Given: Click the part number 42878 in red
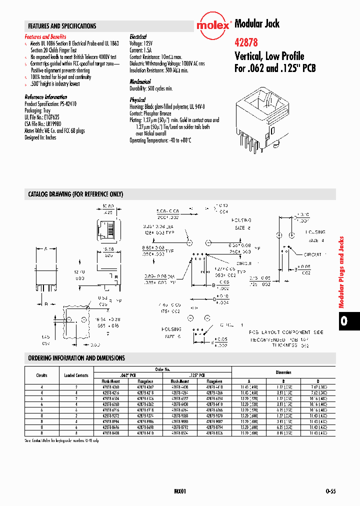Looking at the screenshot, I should pyautogui.click(x=246, y=43).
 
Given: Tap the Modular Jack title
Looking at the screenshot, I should pyautogui.click(x=257, y=23).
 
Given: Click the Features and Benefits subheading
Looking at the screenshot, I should pyautogui.click(x=45, y=37).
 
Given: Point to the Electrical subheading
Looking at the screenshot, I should pyautogui.click(x=138, y=37).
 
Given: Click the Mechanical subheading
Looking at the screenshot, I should pyautogui.click(x=140, y=81).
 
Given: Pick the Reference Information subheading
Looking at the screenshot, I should pyautogui.click(x=45, y=97).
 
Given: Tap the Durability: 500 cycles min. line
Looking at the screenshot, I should pyautogui.click(x=151, y=88).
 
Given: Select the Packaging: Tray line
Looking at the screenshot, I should pyautogui.click(x=38, y=110).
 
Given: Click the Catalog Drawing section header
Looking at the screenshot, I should pyautogui.click(x=75, y=194).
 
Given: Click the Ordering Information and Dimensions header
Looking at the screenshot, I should pyautogui.click(x=76, y=358).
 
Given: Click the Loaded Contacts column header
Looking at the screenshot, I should pyautogui.click(x=76, y=375).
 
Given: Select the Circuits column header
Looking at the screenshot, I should pyautogui.click(x=42, y=375).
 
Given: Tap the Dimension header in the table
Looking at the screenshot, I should pyautogui.click(x=283, y=372).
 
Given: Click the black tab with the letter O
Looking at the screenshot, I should pyautogui.click(x=344, y=320).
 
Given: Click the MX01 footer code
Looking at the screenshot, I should pyautogui.click(x=180, y=491).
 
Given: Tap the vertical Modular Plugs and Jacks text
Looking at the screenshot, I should pyautogui.click(x=342, y=272).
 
